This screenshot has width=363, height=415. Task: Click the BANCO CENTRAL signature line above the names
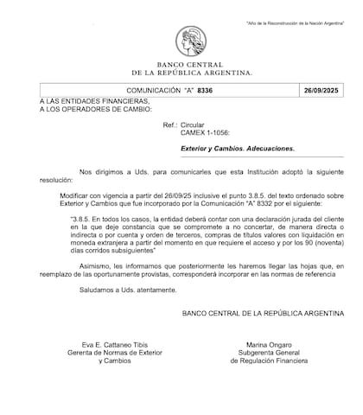tap(263, 311)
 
